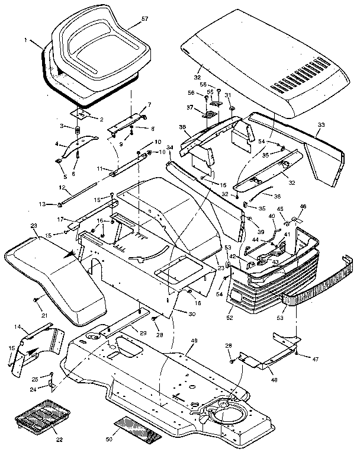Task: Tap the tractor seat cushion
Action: [95, 53]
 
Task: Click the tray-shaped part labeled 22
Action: [45, 419]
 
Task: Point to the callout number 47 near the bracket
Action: [308, 360]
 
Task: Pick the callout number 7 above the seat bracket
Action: [149, 105]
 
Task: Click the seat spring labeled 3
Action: [77, 131]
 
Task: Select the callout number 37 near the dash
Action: [190, 108]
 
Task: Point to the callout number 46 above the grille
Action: [303, 207]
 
